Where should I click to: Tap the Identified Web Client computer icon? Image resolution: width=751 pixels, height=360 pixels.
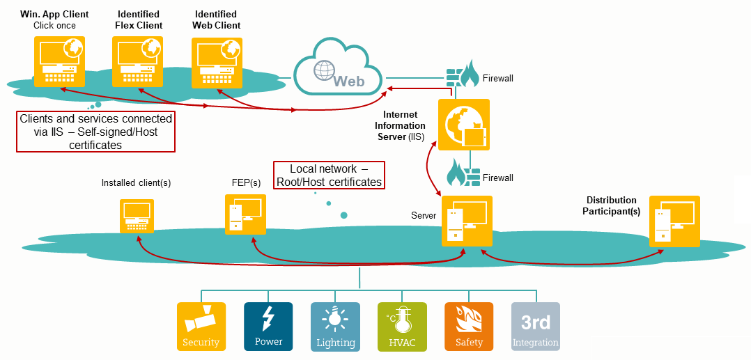(x=216, y=61)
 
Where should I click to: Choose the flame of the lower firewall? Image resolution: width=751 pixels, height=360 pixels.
(x=457, y=172)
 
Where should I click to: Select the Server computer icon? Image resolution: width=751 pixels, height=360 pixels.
(x=467, y=221)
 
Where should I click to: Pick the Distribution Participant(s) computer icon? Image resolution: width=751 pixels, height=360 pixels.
(x=674, y=221)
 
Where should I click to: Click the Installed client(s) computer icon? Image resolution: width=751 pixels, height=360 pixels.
(x=137, y=216)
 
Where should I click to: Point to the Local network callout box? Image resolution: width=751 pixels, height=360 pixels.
(x=328, y=175)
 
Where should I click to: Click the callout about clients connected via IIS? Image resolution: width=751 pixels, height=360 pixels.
(x=95, y=132)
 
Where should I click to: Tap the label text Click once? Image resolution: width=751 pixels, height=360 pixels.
(x=54, y=26)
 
